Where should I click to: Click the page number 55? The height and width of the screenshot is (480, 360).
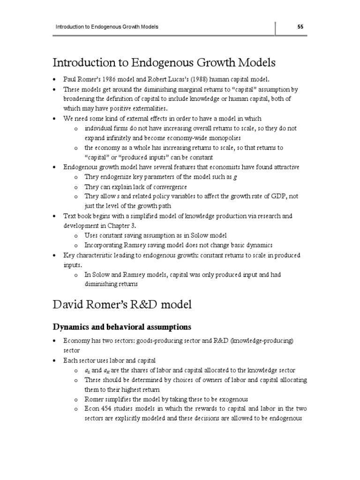pyautogui.click(x=300, y=27)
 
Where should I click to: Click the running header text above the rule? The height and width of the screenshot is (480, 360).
pyautogui.click(x=107, y=27)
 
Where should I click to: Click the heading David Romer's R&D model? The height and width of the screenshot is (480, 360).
pyautogui.click(x=122, y=305)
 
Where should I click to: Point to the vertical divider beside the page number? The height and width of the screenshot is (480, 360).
pyautogui.click(x=275, y=28)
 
